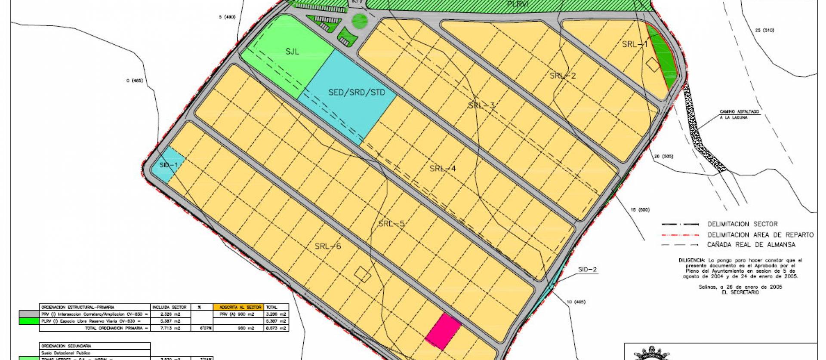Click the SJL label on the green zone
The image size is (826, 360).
click(x=292, y=52)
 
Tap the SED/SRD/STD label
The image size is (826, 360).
click(x=357, y=92)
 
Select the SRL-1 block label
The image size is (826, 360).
click(x=635, y=45)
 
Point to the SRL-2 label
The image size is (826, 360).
click(x=563, y=76)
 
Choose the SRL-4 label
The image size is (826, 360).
click(x=443, y=169)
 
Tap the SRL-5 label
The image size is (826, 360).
click(x=391, y=224)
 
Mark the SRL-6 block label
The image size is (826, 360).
click(x=327, y=246)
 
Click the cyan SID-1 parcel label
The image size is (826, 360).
click(x=168, y=165)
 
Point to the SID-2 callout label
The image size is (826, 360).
click(x=588, y=270)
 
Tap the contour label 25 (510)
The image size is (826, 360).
click(x=764, y=30)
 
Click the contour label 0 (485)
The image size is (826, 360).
click(x=134, y=80)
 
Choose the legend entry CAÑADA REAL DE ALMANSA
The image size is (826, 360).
click(x=751, y=245)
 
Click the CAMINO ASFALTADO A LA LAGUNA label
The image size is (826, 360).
click(x=740, y=114)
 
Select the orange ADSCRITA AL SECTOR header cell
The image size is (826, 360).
click(x=237, y=307)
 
